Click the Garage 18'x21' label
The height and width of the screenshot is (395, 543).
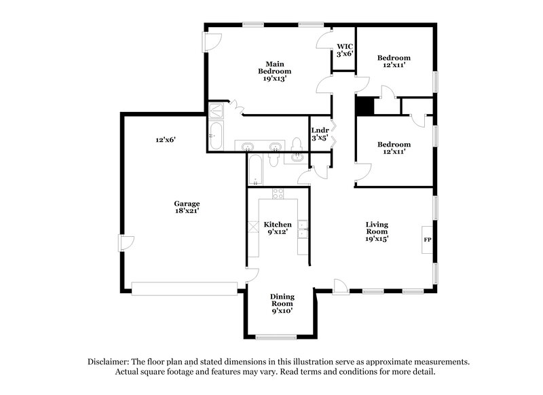[x=186, y=206]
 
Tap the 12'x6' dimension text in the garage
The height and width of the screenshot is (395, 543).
[x=166, y=139]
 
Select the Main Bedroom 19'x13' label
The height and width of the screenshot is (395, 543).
[x=275, y=71]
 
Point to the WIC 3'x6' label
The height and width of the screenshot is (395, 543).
[x=343, y=50]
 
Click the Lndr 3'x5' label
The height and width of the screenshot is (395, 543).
[x=320, y=134]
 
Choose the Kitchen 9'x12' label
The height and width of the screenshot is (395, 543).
[x=278, y=228]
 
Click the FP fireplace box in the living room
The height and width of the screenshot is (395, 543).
[x=428, y=240]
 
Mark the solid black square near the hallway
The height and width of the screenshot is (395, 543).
[x=366, y=106]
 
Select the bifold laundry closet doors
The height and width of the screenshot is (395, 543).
[x=333, y=133]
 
